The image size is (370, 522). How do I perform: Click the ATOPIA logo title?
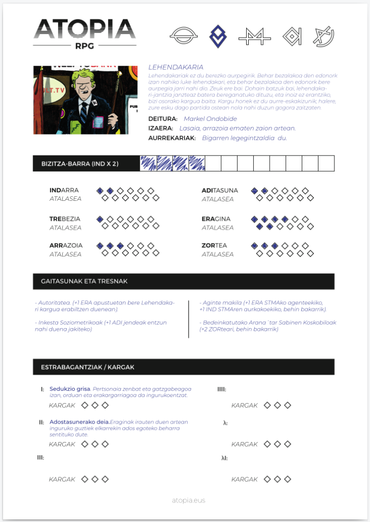click(85, 30)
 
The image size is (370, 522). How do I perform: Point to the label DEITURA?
click(163, 119)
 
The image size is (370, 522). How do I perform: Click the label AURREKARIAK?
click(172, 138)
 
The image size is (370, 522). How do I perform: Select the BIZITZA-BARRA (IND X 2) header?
click(80, 164)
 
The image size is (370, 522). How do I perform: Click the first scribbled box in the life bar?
click(148, 164)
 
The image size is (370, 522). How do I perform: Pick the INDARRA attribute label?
click(64, 190)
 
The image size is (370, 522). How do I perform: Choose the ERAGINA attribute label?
click(216, 219)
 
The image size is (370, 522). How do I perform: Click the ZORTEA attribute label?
click(214, 245)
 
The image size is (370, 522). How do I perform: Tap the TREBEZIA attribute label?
click(66, 219)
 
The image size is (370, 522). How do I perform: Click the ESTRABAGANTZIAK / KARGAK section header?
click(88, 367)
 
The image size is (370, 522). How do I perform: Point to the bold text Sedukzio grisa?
click(70, 389)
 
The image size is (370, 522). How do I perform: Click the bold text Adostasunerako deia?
click(79, 422)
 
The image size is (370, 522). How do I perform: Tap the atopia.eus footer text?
click(189, 500)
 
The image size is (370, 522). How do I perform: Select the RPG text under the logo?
click(85, 45)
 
